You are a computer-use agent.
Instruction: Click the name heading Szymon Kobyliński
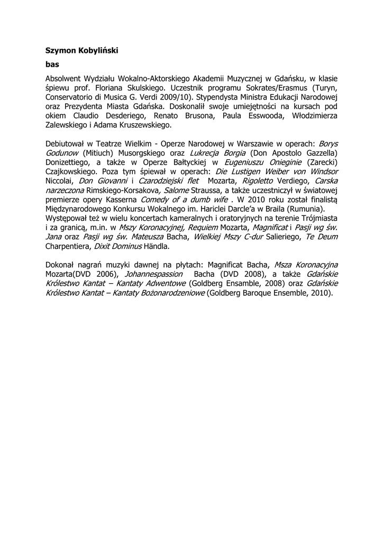coord(81,50)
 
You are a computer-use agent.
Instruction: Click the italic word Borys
coord(328,143)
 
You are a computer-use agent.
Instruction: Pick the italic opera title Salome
coord(175,191)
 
